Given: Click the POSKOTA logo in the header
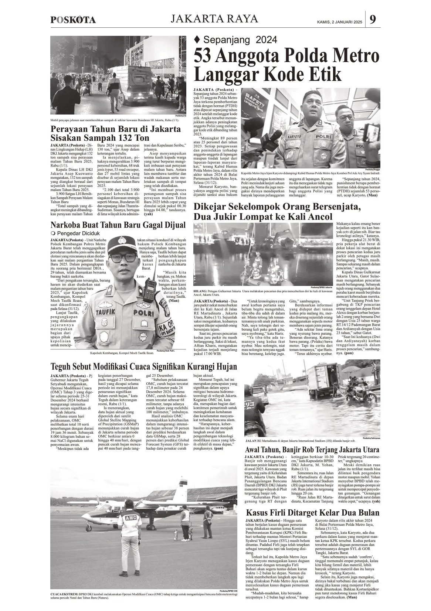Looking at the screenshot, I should [x=73, y=20].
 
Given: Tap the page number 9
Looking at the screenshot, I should [x=373, y=19].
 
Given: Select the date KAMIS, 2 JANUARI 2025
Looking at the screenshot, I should [x=340, y=22].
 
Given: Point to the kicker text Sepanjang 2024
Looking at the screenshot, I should [x=240, y=40].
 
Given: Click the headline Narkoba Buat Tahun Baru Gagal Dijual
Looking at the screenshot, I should [x=118, y=225].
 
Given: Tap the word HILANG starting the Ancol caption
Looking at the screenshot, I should [x=200, y=291].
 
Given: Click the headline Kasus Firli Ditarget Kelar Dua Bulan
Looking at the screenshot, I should [x=313, y=513].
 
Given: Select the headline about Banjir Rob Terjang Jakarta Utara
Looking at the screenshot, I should [x=312, y=450].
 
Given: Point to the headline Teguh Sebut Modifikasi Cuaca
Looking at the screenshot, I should [x=143, y=367].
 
